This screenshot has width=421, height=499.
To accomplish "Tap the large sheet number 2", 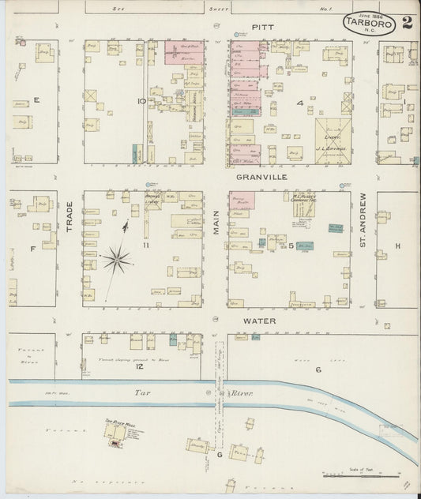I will coord(407,21).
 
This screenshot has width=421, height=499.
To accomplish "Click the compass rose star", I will coord(117,257).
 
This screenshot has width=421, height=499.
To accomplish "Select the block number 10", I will coord(141,101).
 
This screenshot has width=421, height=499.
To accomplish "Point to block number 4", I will coord(299,103).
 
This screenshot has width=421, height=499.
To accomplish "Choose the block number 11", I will coord(145,246).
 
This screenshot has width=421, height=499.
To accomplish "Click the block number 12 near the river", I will coord(139,367).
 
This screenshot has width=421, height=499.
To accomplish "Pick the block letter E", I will coord(36,100).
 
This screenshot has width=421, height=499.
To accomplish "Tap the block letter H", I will coord(397,246).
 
